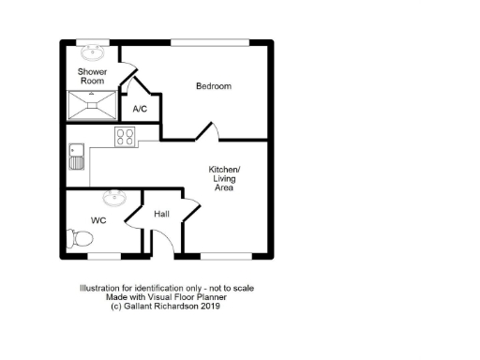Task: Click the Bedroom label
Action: pyautogui.click(x=213, y=86)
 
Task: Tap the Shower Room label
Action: pyautogui.click(x=92, y=77)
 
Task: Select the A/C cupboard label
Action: pyautogui.click(x=140, y=110)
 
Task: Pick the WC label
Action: pyautogui.click(x=97, y=220)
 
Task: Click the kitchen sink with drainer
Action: pyautogui.click(x=76, y=156)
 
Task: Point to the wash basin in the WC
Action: pyautogui.click(x=115, y=198)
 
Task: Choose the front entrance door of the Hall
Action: pyautogui.click(x=162, y=244)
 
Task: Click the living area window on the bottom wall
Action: pyautogui.click(x=224, y=255)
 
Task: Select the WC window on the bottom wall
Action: pyautogui.click(x=104, y=255)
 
